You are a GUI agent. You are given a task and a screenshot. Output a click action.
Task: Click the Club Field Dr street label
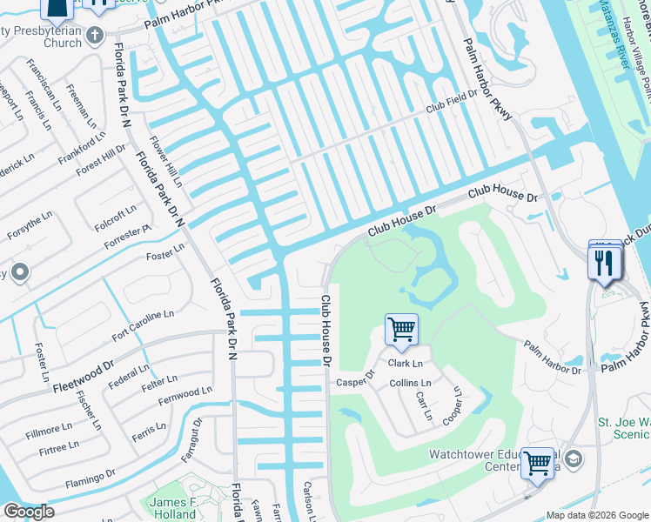pyautogui.click(x=451, y=101)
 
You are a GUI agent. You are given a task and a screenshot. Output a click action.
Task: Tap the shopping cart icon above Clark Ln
pyautogui.click(x=401, y=330)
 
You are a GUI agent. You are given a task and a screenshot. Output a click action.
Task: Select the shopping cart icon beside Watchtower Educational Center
pyautogui.click(x=537, y=463)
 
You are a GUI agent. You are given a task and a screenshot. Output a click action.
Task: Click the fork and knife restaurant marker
pyautogui.click(x=604, y=262)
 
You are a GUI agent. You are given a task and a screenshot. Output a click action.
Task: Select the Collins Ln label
pyautogui.click(x=410, y=383)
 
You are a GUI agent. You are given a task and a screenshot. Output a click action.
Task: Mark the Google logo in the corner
pyautogui.click(x=29, y=512)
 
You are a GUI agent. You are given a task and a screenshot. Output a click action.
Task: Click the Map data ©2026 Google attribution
pyautogui.click(x=597, y=515)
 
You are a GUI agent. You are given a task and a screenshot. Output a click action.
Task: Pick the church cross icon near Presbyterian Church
pyautogui.click(x=98, y=34)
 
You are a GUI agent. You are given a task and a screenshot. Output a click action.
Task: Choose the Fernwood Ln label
pyautogui.click(x=185, y=397)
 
